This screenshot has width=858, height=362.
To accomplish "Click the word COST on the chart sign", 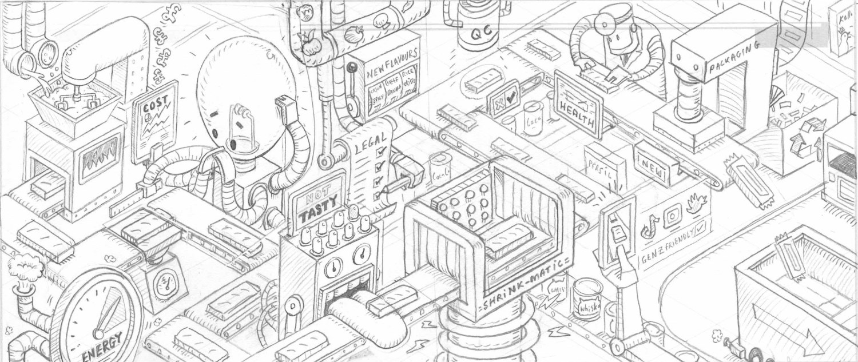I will pos(154,104).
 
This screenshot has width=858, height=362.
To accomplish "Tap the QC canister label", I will pos(479,34).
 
